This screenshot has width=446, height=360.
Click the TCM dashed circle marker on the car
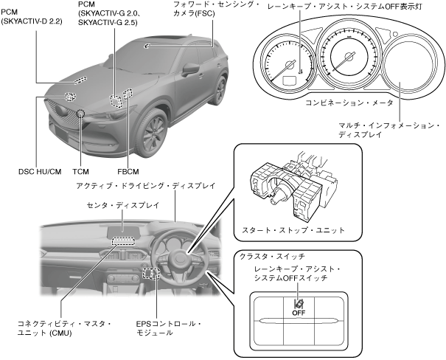click(x=80, y=115)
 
